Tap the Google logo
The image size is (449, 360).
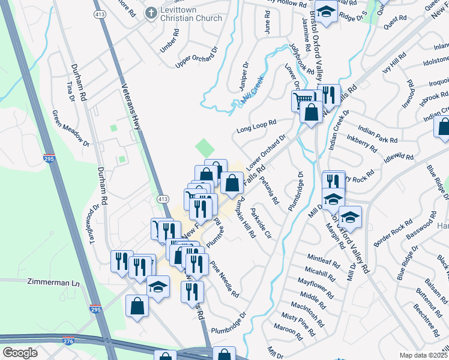20,353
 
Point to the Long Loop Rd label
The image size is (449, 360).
256,125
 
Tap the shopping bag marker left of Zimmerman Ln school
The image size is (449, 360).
137,305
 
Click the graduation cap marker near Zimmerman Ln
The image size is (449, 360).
158,287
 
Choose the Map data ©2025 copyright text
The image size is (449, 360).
423,355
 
